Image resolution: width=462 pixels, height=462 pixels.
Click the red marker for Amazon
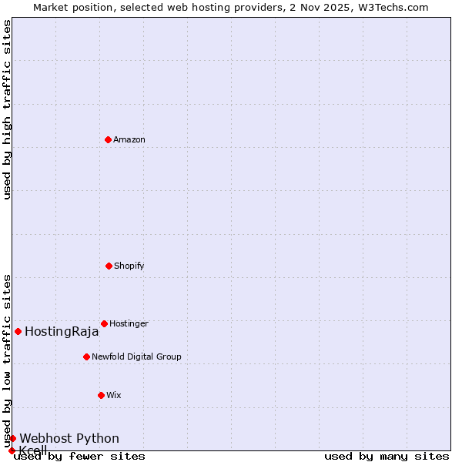point(108,139)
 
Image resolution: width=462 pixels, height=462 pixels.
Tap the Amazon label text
point(129,140)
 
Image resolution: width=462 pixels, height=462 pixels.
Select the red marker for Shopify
point(109,266)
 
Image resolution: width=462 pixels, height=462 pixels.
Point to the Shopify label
point(129,266)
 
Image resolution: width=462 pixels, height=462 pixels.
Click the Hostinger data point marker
point(104,323)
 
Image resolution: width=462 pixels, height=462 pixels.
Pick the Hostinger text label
point(129,324)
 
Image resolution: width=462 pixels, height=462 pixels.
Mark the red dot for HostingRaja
point(18,331)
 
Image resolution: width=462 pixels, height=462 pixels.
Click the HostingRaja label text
point(62,332)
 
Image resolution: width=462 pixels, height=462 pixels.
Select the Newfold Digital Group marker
point(86,357)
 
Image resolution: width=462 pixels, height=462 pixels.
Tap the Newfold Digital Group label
point(136,357)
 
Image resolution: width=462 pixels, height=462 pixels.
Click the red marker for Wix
point(101,395)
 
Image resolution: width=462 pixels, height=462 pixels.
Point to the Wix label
point(114,396)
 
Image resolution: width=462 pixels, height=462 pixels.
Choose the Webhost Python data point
point(12,438)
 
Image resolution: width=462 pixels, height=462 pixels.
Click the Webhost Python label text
point(69,439)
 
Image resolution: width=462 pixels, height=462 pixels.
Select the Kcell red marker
point(12,450)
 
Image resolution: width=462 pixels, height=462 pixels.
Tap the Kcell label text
point(33,450)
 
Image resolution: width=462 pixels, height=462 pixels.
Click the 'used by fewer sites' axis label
point(79,457)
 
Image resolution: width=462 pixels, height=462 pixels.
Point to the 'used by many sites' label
point(387,457)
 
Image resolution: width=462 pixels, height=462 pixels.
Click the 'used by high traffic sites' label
point(7,109)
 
